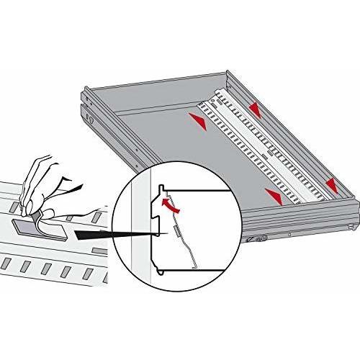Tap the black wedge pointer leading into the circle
(x=115, y=234)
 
